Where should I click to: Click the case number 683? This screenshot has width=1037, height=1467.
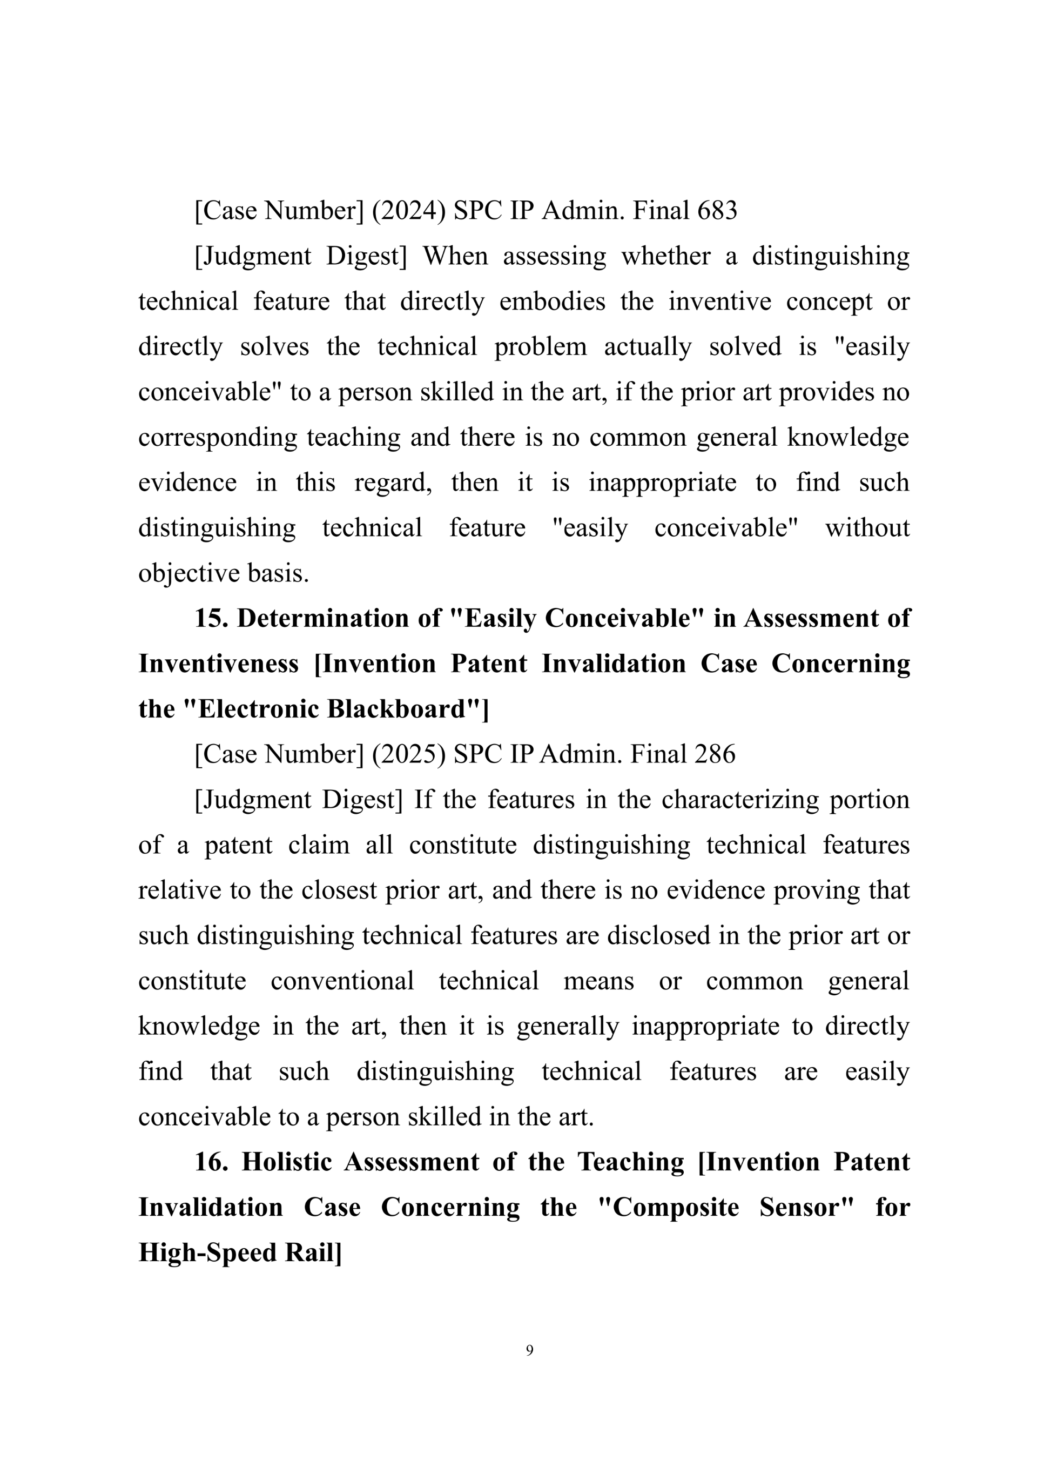[x=717, y=211]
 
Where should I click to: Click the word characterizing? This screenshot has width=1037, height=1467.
[x=739, y=800]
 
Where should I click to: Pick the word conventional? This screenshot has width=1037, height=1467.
[x=342, y=981]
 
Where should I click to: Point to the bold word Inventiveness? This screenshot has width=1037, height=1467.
[x=218, y=664]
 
